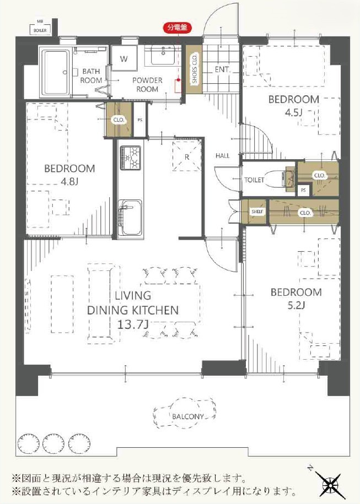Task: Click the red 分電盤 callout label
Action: point(178,28)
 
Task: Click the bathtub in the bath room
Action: point(56,73)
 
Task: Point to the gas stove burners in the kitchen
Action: point(131,158)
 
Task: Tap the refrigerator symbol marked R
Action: point(186,156)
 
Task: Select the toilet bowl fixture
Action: point(289,180)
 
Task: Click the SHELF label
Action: point(257,212)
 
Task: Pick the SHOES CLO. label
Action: point(194,69)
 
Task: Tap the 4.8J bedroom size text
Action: point(69,182)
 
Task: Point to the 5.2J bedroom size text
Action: point(296,305)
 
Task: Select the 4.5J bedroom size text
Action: point(293,112)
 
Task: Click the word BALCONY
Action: point(188,416)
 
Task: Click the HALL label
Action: point(223,156)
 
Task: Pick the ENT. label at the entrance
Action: point(222,69)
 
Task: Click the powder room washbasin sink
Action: point(163,55)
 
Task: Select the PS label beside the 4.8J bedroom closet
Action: point(139,120)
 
